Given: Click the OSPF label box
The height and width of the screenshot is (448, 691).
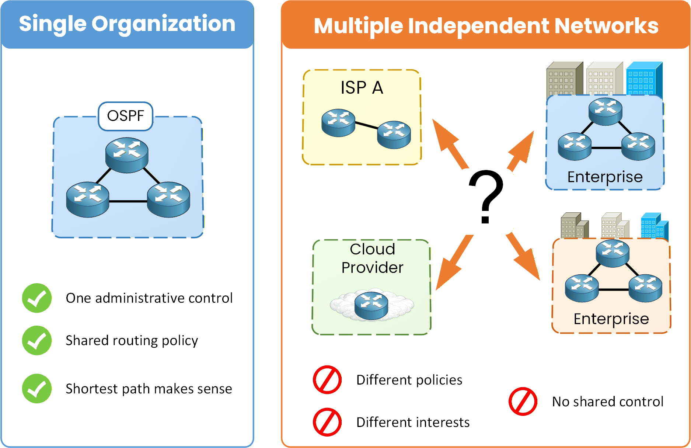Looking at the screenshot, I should coord(126,116).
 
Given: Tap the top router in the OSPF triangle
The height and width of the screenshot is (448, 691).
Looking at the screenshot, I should coord(127,155).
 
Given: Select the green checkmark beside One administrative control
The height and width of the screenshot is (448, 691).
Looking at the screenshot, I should coord(37,298).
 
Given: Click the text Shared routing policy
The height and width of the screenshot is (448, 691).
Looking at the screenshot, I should coord(132,340).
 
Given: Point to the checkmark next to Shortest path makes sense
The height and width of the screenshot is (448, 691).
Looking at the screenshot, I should coord(37,389).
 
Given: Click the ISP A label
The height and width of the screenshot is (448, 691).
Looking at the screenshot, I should coord(362,88).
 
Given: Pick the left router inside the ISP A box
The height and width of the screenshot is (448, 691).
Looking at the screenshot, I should coord(338,123).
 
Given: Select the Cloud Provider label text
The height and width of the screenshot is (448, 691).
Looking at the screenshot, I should coord(372,258).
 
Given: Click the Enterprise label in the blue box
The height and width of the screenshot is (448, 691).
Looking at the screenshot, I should coord(605,177).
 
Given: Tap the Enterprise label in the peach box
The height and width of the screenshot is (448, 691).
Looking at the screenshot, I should coord(611,319).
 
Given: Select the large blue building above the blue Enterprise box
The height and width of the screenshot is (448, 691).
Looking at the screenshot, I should coord(644,78).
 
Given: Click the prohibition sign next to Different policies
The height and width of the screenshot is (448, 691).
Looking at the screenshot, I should coord(327,380).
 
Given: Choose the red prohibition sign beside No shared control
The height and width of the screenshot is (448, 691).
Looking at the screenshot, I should coord(523,401).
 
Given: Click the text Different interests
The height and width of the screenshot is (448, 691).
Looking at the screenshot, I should coord(413,422).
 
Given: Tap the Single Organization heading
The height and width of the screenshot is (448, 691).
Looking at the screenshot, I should coord(127,24).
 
